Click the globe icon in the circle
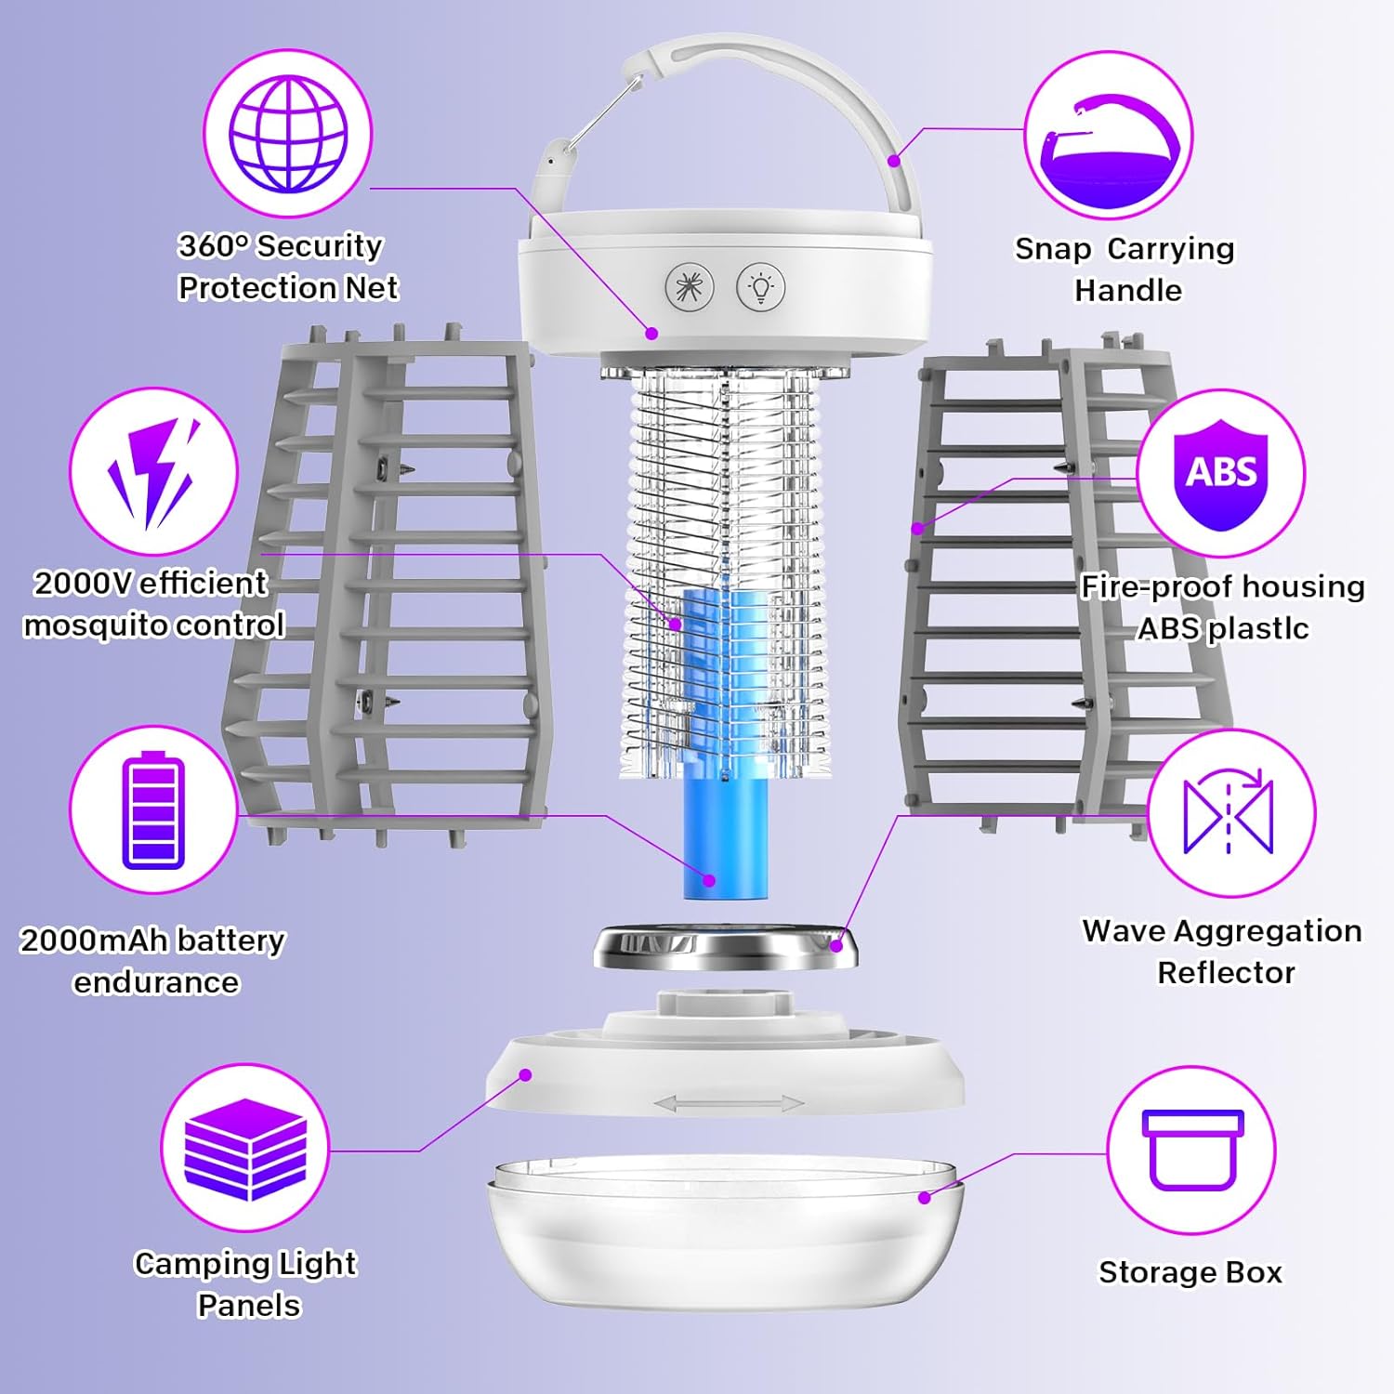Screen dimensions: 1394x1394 [288, 134]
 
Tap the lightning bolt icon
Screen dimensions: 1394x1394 [154, 472]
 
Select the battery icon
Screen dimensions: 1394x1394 [153, 810]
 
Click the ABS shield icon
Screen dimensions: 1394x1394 [1220, 473]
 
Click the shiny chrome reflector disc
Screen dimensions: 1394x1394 [725, 948]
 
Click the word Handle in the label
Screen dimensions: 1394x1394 [1127, 291]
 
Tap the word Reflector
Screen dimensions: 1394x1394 [1225, 973]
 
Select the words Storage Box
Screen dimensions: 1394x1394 [1190, 1272]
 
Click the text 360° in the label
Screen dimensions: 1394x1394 [214, 246]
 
